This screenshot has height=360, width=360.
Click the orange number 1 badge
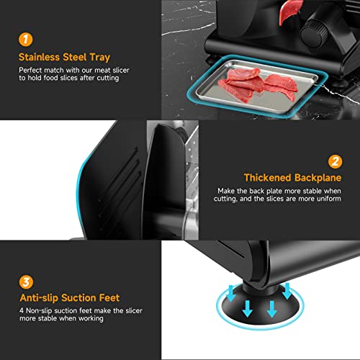click(x=26, y=40)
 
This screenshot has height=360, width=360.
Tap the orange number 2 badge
click(x=335, y=161)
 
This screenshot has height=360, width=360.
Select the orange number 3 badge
click(x=26, y=282)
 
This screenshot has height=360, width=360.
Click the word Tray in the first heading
click(x=100, y=58)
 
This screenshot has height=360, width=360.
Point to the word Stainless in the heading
click(x=39, y=57)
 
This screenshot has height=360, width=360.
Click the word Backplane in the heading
click(x=318, y=178)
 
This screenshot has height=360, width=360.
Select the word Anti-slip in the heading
click(x=39, y=298)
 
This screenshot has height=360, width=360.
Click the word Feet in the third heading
click(x=109, y=298)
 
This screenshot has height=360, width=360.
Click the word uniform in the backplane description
click(x=329, y=199)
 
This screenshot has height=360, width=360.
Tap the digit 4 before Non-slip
click(x=22, y=310)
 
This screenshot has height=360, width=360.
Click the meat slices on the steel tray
click(x=258, y=84)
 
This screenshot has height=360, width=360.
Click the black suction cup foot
click(x=260, y=305)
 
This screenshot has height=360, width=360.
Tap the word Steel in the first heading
click(x=74, y=57)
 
